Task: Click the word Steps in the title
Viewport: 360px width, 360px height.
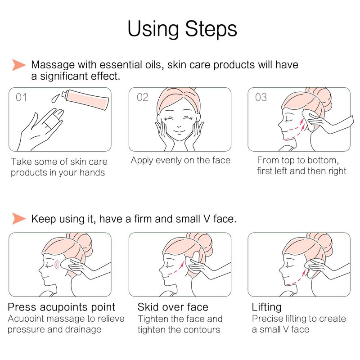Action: point(211,29)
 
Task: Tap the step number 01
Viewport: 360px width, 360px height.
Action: point(21,97)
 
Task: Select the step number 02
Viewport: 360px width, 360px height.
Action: point(142,97)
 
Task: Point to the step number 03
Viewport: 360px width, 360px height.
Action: point(261,97)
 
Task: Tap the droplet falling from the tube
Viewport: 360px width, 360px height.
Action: point(55,98)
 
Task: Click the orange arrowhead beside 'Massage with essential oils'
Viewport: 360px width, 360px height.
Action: point(19,65)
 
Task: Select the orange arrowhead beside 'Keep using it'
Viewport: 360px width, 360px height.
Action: point(19,218)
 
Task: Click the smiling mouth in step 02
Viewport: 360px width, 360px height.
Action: point(179,131)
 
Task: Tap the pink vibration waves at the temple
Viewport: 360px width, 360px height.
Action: point(57,265)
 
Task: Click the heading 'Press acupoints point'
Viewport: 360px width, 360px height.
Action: point(61,307)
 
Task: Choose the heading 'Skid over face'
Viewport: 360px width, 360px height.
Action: point(173,307)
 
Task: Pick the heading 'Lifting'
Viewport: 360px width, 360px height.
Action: point(266,307)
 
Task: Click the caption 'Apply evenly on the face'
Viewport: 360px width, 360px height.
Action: point(180,160)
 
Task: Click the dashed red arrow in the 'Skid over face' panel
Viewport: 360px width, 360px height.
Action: point(175,270)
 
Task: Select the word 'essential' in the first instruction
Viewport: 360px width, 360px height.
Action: point(120,65)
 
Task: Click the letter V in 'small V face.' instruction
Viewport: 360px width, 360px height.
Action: point(207,219)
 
